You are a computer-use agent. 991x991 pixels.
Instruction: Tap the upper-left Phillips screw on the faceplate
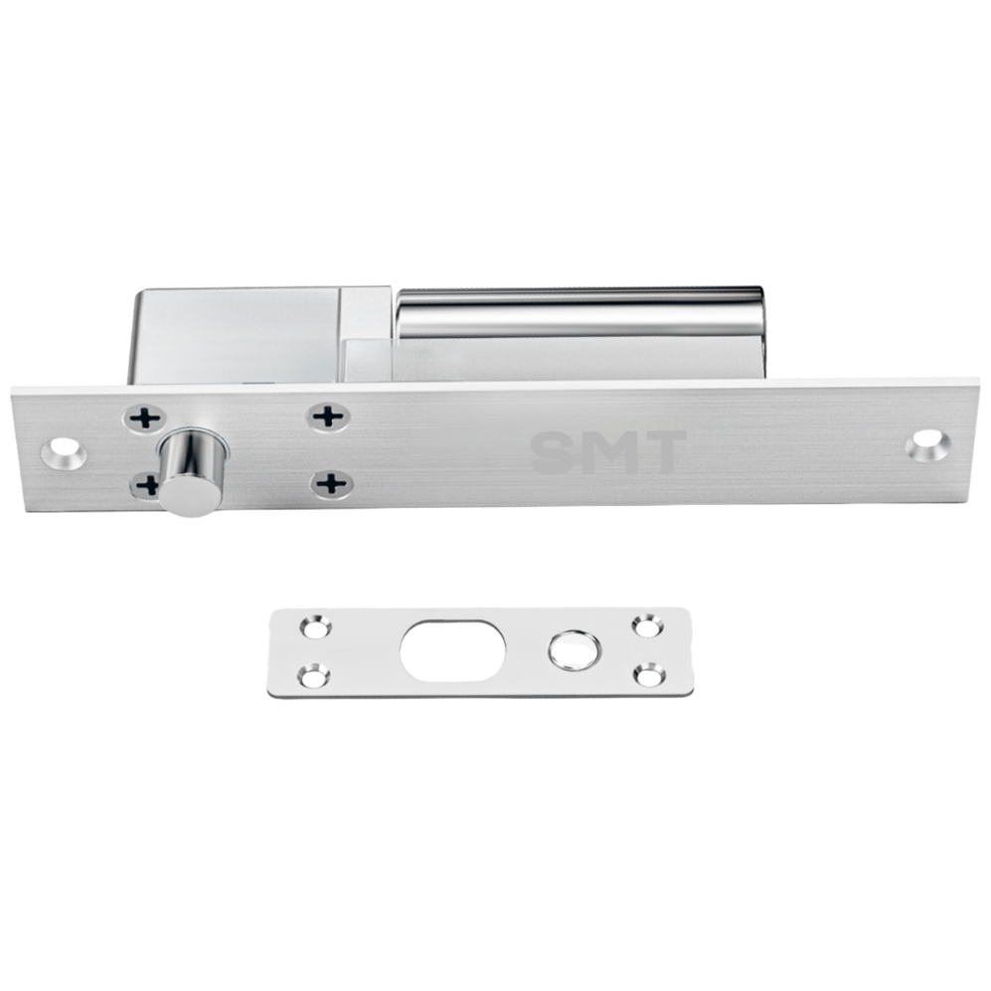[x=145, y=418]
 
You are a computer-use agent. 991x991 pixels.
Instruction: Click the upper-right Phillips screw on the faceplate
[x=328, y=416]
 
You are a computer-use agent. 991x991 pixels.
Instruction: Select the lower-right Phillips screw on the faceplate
[x=331, y=485]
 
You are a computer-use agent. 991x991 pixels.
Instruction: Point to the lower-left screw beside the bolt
[x=146, y=485]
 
